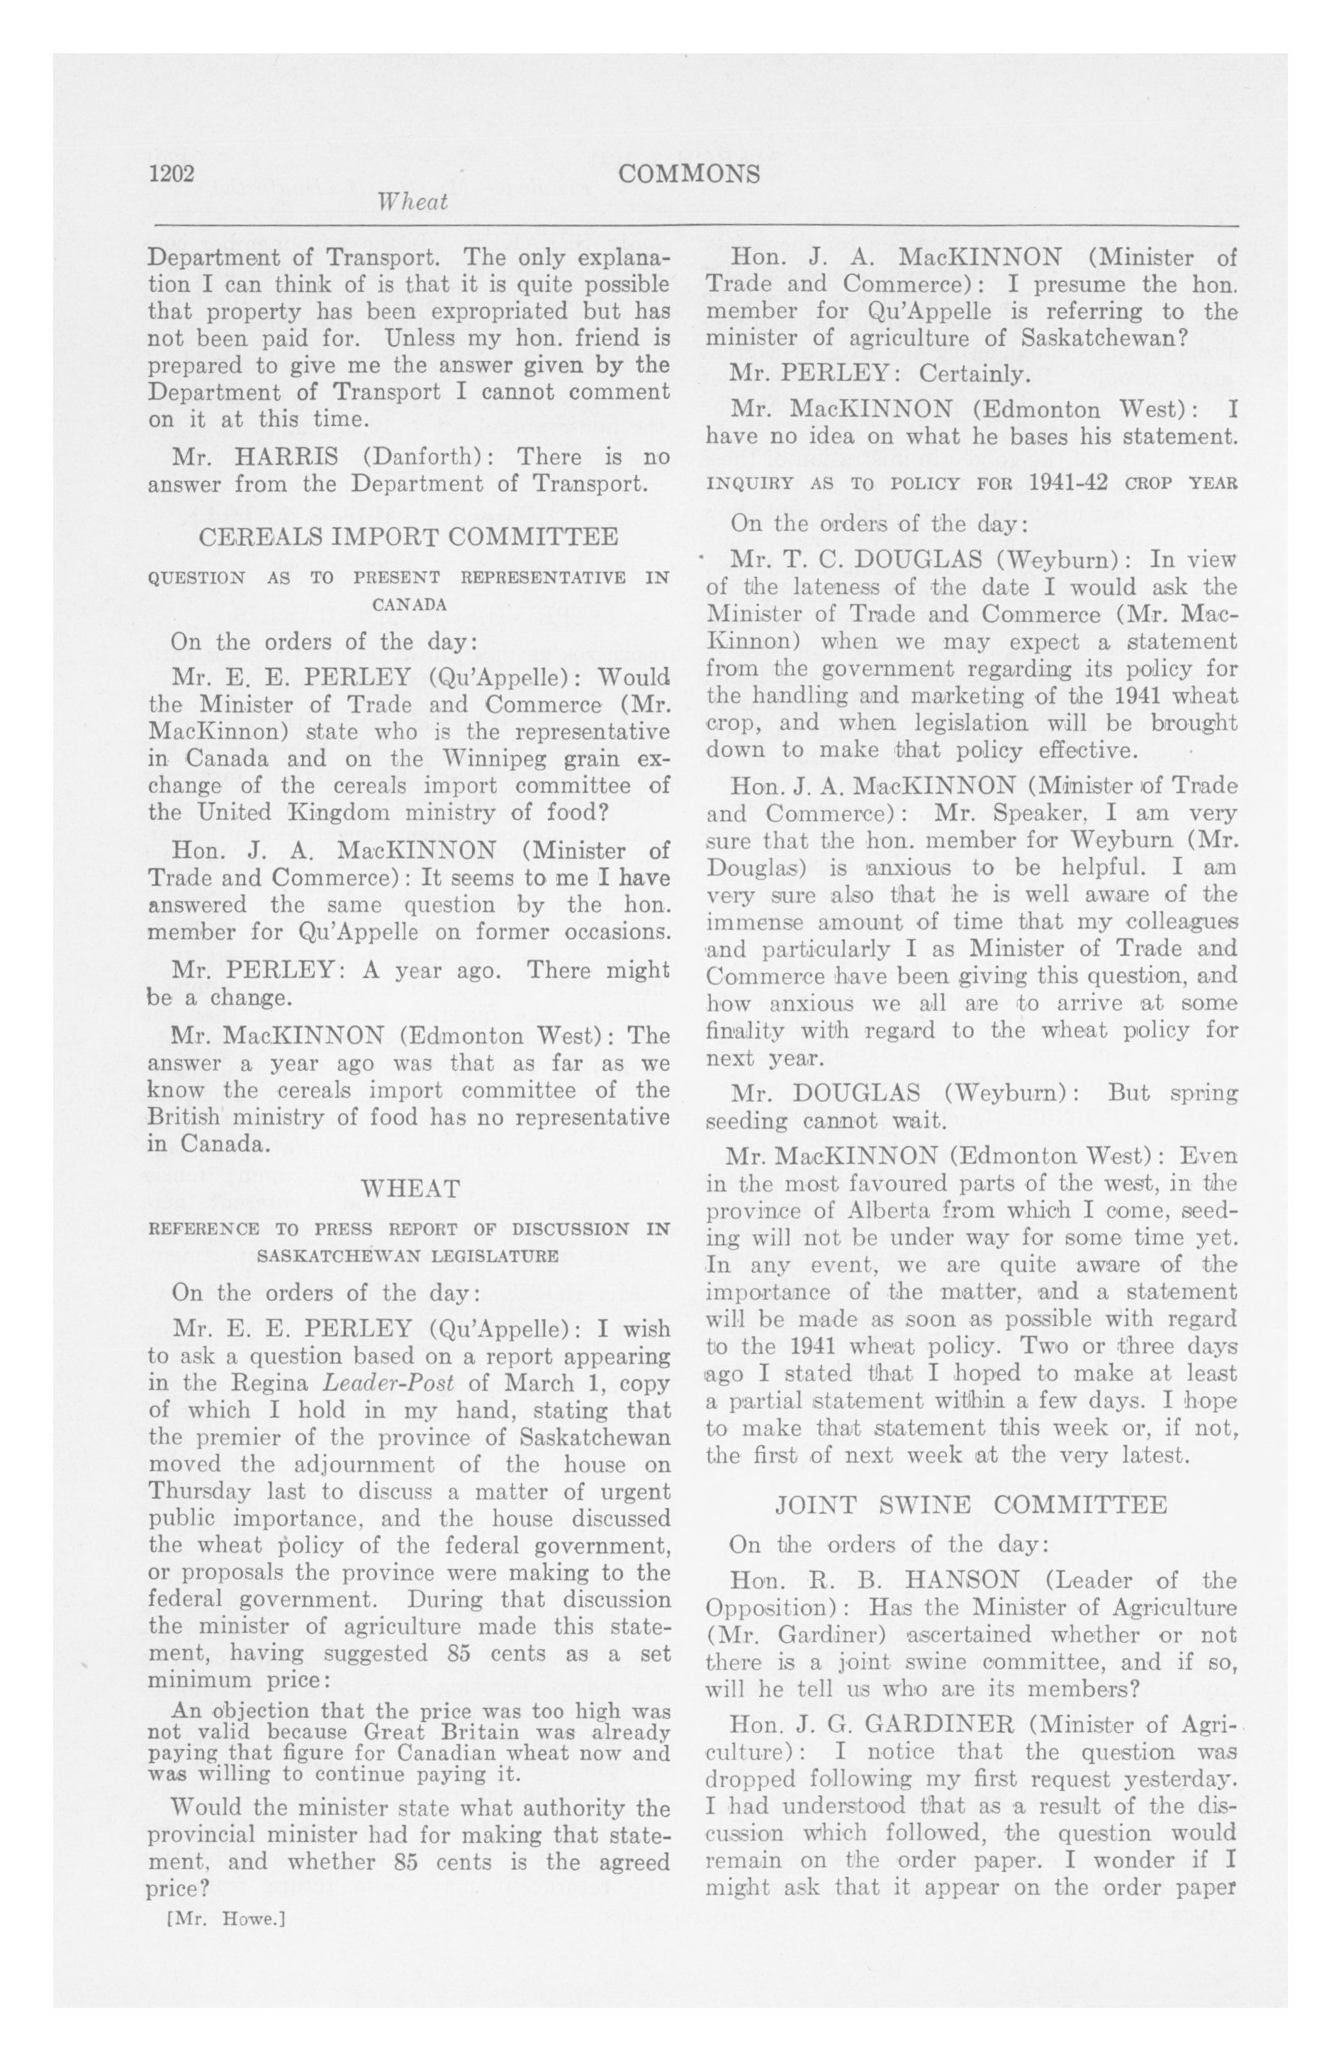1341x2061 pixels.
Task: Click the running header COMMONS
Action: pos(690,174)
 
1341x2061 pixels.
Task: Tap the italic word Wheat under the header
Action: pos(413,203)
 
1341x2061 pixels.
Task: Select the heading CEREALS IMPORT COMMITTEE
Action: pos(409,537)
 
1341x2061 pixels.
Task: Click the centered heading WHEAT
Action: pos(409,1188)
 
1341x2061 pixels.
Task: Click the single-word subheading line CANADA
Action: pos(409,605)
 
